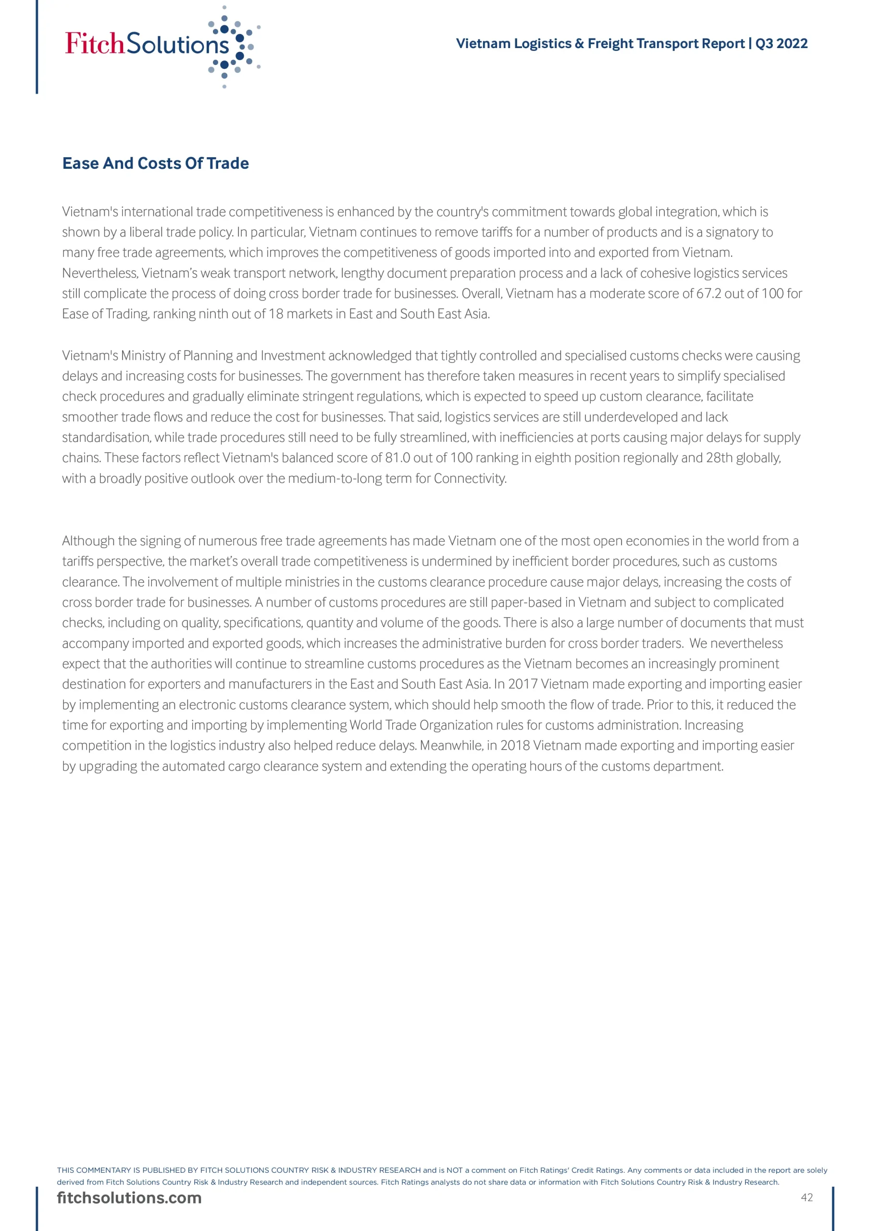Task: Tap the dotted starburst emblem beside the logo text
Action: (x=234, y=47)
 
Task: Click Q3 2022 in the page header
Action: (x=781, y=43)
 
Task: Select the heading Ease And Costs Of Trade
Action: (x=155, y=163)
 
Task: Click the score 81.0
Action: (x=397, y=457)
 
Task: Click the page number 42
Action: (x=807, y=1197)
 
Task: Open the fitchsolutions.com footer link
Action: (x=129, y=1198)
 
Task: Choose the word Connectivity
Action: (x=470, y=478)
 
